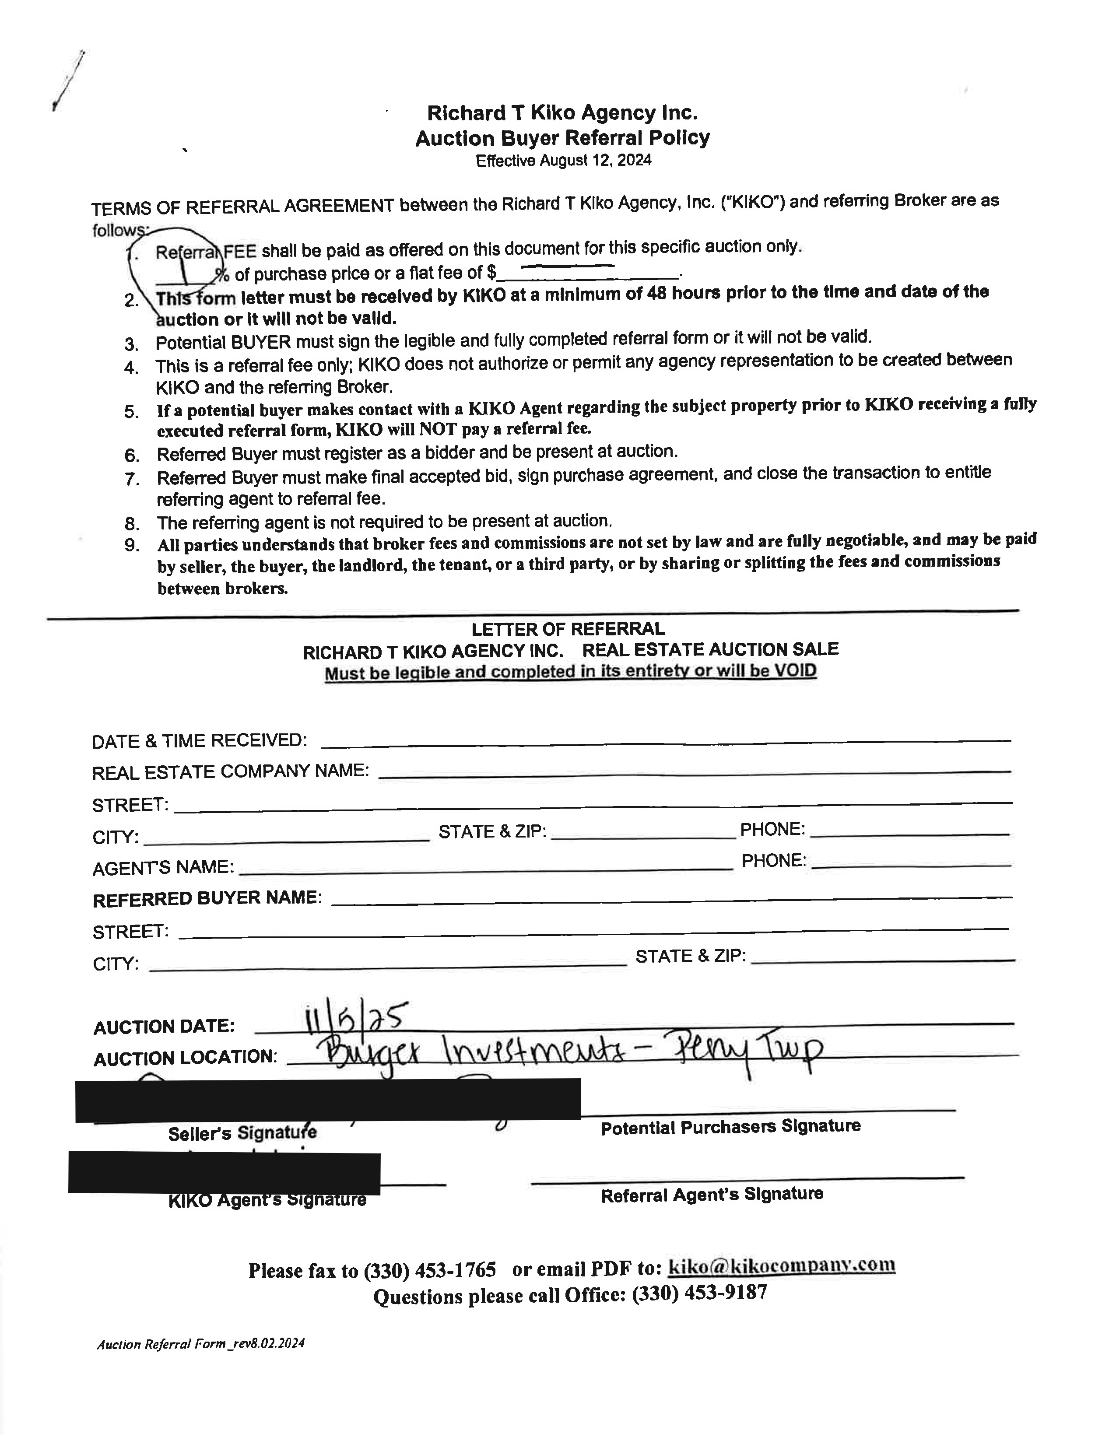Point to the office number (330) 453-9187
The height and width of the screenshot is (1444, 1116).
(699, 1293)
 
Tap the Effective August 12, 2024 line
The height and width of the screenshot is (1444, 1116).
(563, 161)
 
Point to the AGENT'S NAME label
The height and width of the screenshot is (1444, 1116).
(163, 867)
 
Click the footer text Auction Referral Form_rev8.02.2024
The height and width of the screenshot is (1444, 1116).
(200, 1343)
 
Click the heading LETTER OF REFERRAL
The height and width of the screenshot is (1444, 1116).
(568, 629)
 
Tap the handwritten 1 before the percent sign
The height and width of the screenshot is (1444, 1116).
(187, 271)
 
